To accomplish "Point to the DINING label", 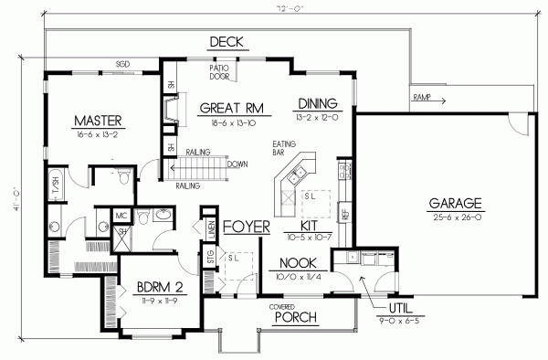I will click(x=317, y=102).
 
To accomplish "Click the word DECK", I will click(x=225, y=42).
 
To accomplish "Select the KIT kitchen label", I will click(x=297, y=223).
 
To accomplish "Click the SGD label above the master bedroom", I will click(x=121, y=65).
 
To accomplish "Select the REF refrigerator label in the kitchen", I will click(x=344, y=216).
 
